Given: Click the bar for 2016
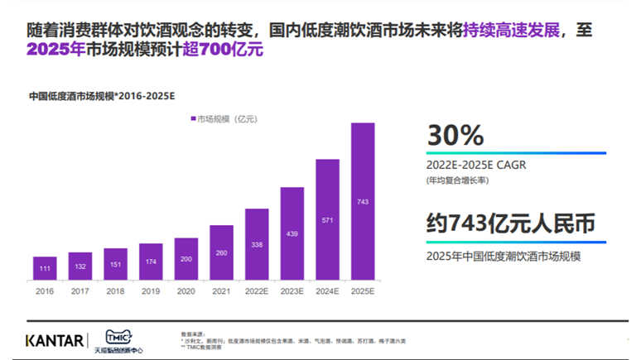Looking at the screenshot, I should [x=45, y=268].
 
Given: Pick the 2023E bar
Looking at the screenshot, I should [x=292, y=233].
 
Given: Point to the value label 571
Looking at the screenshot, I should [x=327, y=220].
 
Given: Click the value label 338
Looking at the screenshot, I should [x=257, y=244].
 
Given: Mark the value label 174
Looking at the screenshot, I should [x=151, y=262].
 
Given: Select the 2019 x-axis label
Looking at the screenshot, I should [x=151, y=290].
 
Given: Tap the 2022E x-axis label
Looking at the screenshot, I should [x=257, y=290].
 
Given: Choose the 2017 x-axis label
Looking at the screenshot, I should [x=80, y=290].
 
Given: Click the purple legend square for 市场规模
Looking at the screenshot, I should [x=193, y=119].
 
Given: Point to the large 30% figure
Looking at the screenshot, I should [x=455, y=135].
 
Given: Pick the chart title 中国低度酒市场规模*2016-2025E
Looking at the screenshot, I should [x=102, y=95].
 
